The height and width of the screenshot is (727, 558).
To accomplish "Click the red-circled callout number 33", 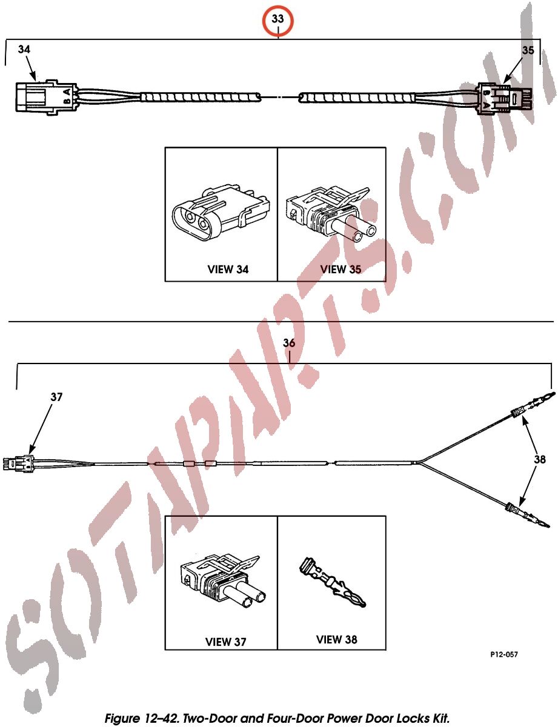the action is pos(277,19).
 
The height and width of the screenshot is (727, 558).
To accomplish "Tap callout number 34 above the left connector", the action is pos(24,50).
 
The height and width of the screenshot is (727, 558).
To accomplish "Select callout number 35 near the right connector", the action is pos(528,50).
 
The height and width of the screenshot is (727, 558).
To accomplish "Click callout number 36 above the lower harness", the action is pos(289,343).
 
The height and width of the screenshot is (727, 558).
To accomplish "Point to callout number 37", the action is pos(56,397).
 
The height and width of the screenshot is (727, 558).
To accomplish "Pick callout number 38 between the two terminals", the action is pos(540,459).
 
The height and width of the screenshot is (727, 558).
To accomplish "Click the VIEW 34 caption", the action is pos(228,270).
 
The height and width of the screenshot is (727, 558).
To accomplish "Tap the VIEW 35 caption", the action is pos(340,270).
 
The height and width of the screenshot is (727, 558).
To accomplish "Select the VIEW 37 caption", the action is pos(225,642).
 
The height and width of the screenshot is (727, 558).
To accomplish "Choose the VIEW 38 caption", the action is pos(336,639).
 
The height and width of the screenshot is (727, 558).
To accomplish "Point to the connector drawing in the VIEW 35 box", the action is pos(331,214).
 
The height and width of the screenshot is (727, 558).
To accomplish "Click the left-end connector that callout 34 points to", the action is pos(47,97).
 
